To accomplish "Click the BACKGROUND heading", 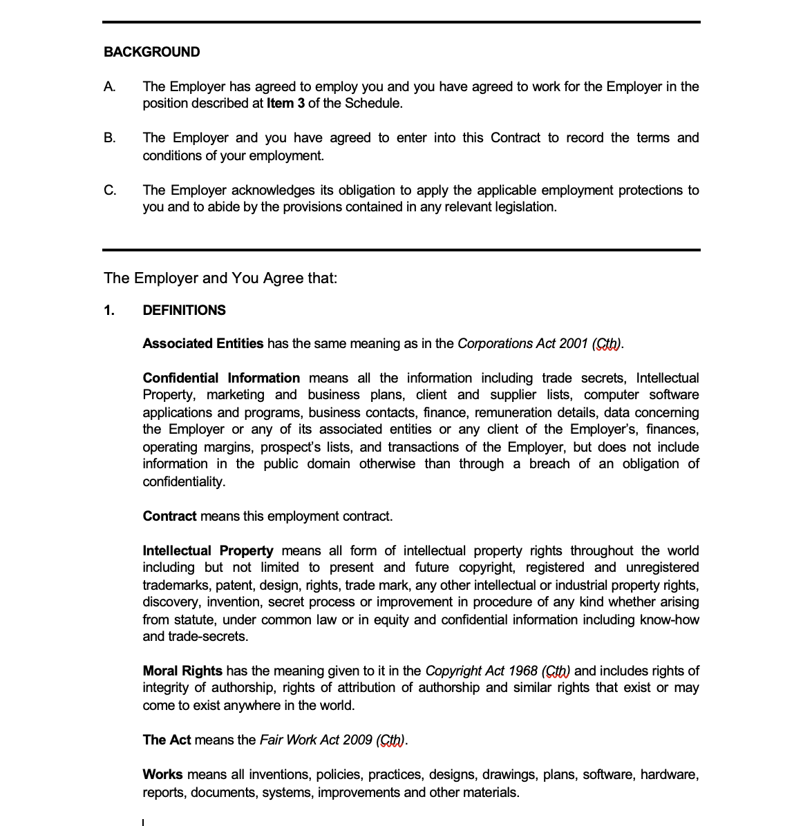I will pyautogui.click(x=151, y=52).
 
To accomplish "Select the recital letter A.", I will pyautogui.click(x=109, y=86).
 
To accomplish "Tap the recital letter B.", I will pyautogui.click(x=109, y=137).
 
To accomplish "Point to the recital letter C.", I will pyautogui.click(x=110, y=190).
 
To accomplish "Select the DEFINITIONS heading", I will pyautogui.click(x=184, y=310).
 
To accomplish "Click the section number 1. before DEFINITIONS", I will pyautogui.click(x=109, y=310).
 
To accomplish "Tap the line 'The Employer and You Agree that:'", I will pyautogui.click(x=220, y=278).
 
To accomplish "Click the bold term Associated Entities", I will pyautogui.click(x=203, y=343).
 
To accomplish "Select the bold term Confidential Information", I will pyautogui.click(x=221, y=378).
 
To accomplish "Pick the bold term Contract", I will pyautogui.click(x=169, y=516).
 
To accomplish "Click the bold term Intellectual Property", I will pyautogui.click(x=207, y=550).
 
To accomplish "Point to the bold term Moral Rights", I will pyautogui.click(x=182, y=671).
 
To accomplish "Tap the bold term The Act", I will pyautogui.click(x=167, y=740).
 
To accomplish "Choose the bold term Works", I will pyautogui.click(x=162, y=774).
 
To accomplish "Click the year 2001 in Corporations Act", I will pyautogui.click(x=574, y=343).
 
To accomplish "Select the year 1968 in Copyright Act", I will pyautogui.click(x=522, y=671).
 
